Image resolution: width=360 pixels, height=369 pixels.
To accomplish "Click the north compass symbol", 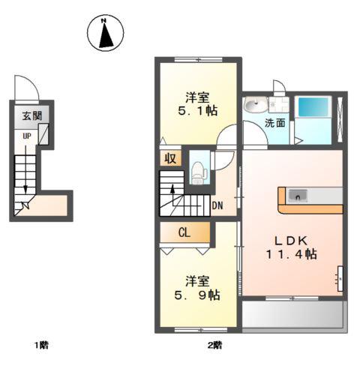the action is [105, 33].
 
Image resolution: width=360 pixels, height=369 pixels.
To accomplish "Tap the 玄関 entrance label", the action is [31, 116].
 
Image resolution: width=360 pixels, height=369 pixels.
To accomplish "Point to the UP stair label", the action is [27, 136].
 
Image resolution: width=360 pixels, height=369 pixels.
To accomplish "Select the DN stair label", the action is [217, 205].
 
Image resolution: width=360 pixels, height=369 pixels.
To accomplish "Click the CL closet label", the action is [184, 232].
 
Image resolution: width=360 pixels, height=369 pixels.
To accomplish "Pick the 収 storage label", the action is [170, 158].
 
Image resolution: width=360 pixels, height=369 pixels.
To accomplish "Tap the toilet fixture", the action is [199, 172].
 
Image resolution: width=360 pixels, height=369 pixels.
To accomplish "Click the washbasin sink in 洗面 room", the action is [255, 104].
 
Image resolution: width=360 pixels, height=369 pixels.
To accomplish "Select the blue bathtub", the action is [313, 106].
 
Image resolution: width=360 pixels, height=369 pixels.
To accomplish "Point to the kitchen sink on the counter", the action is [298, 196].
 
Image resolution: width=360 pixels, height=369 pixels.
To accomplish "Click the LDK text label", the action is [290, 241].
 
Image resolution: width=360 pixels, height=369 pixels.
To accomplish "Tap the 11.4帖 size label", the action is [291, 254].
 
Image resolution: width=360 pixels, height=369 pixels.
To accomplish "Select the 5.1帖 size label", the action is [198, 110].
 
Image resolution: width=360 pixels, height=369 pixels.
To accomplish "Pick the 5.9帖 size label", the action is [197, 295].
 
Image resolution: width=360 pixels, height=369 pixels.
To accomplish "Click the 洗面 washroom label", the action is [275, 123].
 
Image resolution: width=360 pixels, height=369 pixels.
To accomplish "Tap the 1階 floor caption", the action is [41, 345].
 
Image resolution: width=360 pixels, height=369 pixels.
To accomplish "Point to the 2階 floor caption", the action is [214, 345].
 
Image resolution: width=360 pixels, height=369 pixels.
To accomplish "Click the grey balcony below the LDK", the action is [295, 314].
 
